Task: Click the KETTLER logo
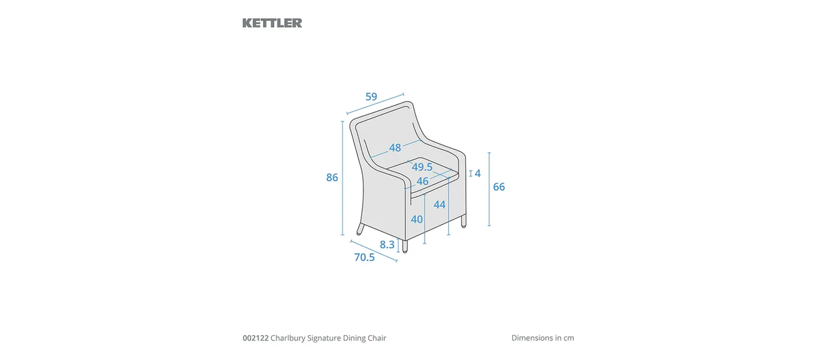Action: coord(272,23)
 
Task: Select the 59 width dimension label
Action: coord(371,97)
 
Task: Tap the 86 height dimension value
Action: coord(332,178)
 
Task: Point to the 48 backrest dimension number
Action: coord(395,148)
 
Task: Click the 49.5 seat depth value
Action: coord(422,167)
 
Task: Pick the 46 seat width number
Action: coord(422,181)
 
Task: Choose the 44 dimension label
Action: coord(439,205)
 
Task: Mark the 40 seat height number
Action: coord(417,219)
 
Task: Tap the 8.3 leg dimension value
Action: coord(387,245)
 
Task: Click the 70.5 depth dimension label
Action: coord(364,257)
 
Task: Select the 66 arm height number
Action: coord(499,187)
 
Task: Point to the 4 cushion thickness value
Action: coord(478,174)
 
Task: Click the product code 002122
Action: coord(256,338)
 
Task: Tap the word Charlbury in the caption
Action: coord(288,338)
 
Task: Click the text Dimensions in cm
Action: coord(542,338)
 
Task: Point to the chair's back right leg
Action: coord(463,223)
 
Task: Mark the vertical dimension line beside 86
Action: coord(343,178)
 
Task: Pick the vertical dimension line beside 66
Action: coord(489,189)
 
